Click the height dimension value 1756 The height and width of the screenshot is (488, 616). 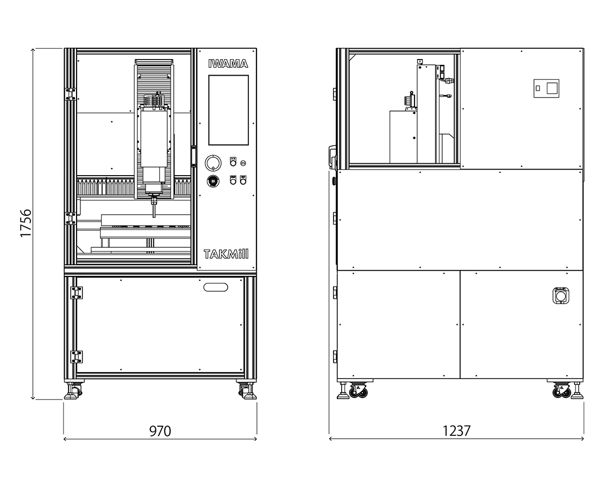pyautogui.click(x=26, y=223)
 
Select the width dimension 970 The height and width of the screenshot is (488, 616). pyautogui.click(x=160, y=431)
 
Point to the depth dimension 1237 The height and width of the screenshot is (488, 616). pyautogui.click(x=456, y=431)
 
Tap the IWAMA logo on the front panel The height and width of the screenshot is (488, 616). pyautogui.click(x=228, y=63)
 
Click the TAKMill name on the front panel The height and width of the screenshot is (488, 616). pyautogui.click(x=227, y=255)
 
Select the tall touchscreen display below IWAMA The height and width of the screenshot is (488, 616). pyautogui.click(x=228, y=110)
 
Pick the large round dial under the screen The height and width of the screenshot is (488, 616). pyautogui.click(x=213, y=163)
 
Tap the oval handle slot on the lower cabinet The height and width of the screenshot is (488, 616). pyautogui.click(x=216, y=287)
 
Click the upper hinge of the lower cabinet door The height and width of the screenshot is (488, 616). pyautogui.click(x=76, y=293)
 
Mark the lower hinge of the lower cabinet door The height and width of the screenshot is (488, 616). pyautogui.click(x=76, y=357)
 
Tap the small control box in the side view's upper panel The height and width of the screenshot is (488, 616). pyautogui.click(x=546, y=88)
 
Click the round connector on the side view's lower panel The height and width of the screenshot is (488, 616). pyautogui.click(x=561, y=296)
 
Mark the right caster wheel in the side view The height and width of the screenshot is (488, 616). pyautogui.click(x=561, y=391)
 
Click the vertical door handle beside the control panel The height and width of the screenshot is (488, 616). pyautogui.click(x=193, y=157)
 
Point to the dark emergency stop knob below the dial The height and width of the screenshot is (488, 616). pyautogui.click(x=213, y=181)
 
